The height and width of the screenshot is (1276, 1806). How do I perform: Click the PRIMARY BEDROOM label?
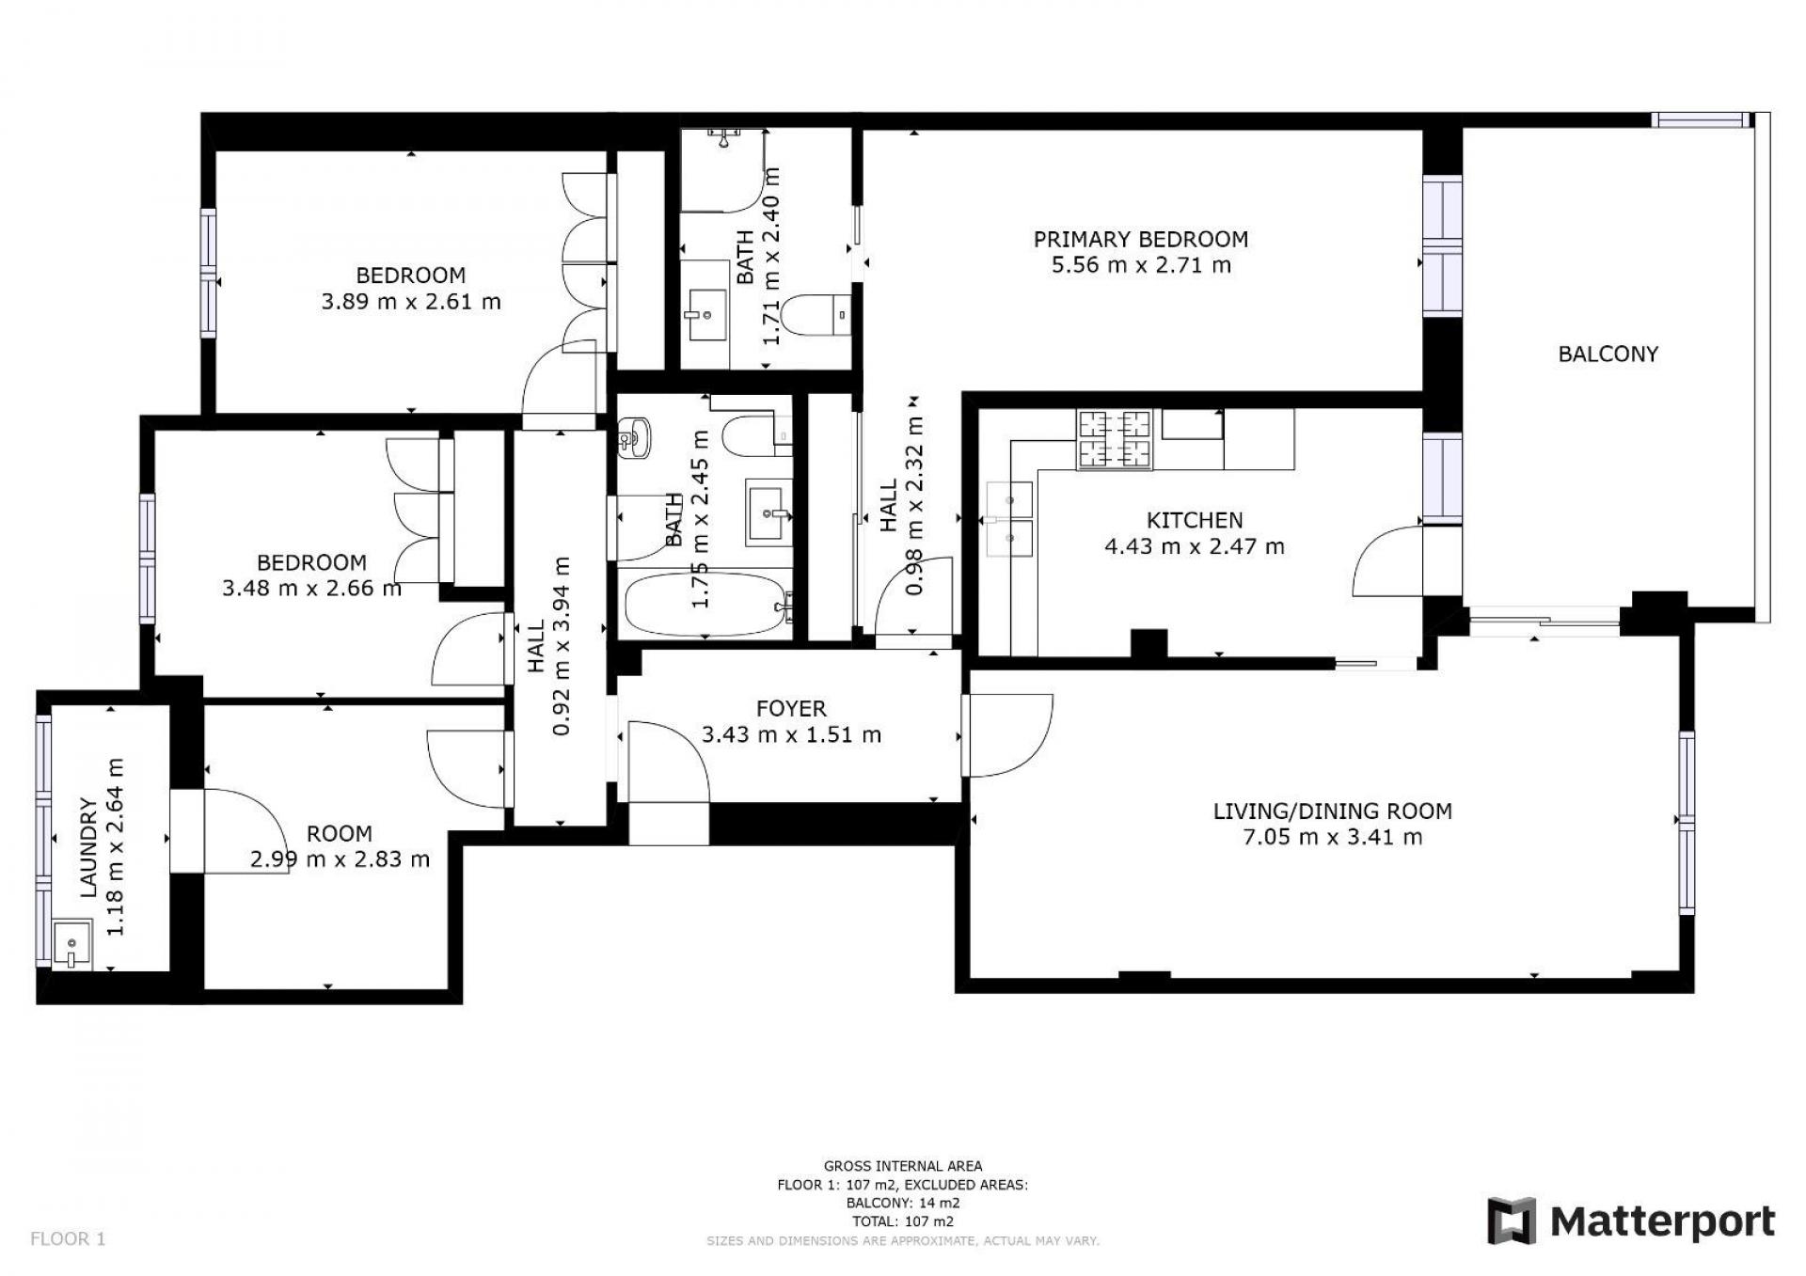click(1140, 239)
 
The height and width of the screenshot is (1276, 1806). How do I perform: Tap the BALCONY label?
click(1608, 354)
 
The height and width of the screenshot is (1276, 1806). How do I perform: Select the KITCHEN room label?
click(1194, 520)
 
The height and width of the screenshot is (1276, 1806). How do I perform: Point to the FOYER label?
click(791, 708)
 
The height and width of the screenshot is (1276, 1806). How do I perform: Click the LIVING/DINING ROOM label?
click(1332, 811)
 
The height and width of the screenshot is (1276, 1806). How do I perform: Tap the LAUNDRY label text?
click(89, 847)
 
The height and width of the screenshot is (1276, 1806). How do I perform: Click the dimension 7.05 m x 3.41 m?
click(1332, 837)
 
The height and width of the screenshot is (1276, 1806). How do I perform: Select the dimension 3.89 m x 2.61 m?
click(411, 302)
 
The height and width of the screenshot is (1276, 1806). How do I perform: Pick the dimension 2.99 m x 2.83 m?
click(340, 859)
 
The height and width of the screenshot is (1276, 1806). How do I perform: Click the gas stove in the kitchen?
click(1115, 439)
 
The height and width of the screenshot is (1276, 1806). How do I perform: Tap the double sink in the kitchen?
click(1009, 520)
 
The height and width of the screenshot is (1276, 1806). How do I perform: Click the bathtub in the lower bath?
click(705, 605)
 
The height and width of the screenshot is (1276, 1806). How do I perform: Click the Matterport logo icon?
click(1511, 1221)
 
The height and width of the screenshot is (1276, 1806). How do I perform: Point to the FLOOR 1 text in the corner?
click(68, 1238)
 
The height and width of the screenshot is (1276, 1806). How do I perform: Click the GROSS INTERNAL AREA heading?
click(902, 1166)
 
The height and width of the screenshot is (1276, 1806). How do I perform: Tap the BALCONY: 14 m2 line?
click(902, 1203)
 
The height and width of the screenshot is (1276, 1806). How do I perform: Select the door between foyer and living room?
click(1007, 735)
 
